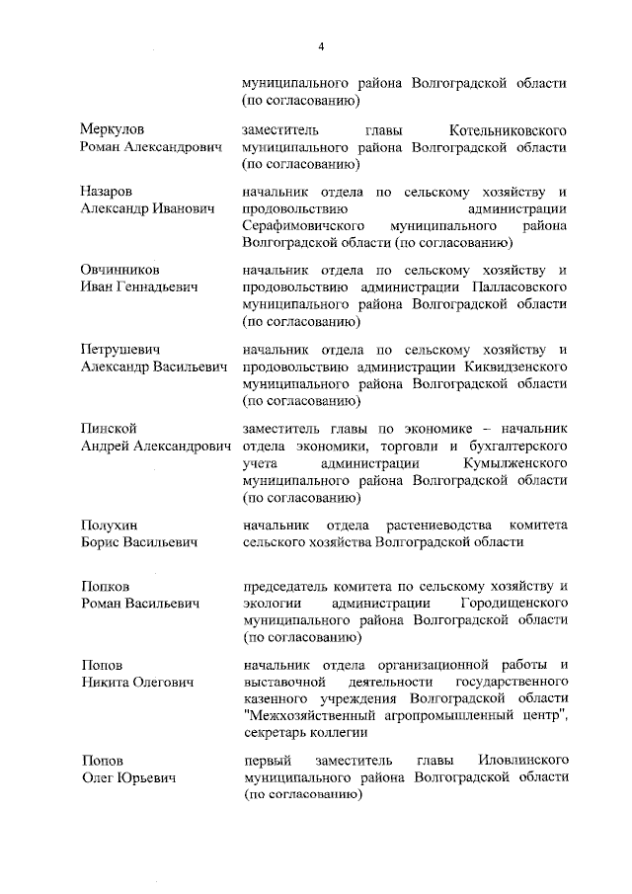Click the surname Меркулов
112,129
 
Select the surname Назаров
107,192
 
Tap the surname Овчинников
119,270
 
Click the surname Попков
106,586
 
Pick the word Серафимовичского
303,224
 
